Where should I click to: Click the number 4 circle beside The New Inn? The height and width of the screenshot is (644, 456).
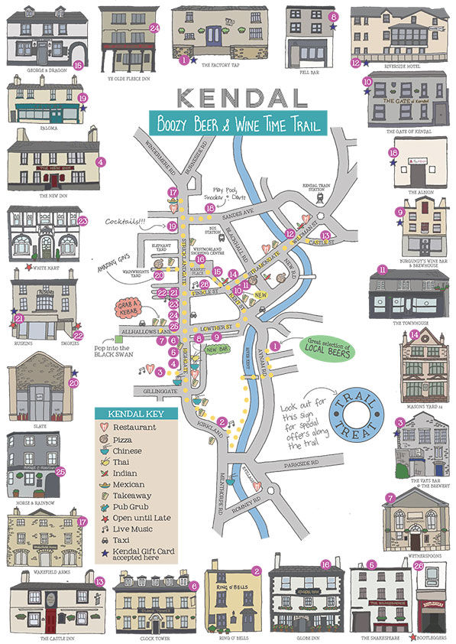[x=101, y=161]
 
